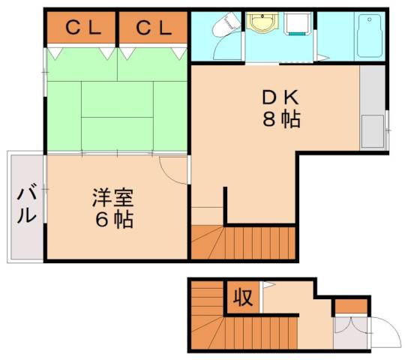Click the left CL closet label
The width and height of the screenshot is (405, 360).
pos(82,28)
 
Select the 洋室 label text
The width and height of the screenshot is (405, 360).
pos(112,198)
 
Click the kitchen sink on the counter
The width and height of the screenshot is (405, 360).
pos(371,130)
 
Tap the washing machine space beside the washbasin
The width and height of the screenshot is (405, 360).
pos(298,26)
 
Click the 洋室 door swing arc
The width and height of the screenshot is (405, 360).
pos(171,171)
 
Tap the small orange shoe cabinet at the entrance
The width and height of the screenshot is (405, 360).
pos(351,306)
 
